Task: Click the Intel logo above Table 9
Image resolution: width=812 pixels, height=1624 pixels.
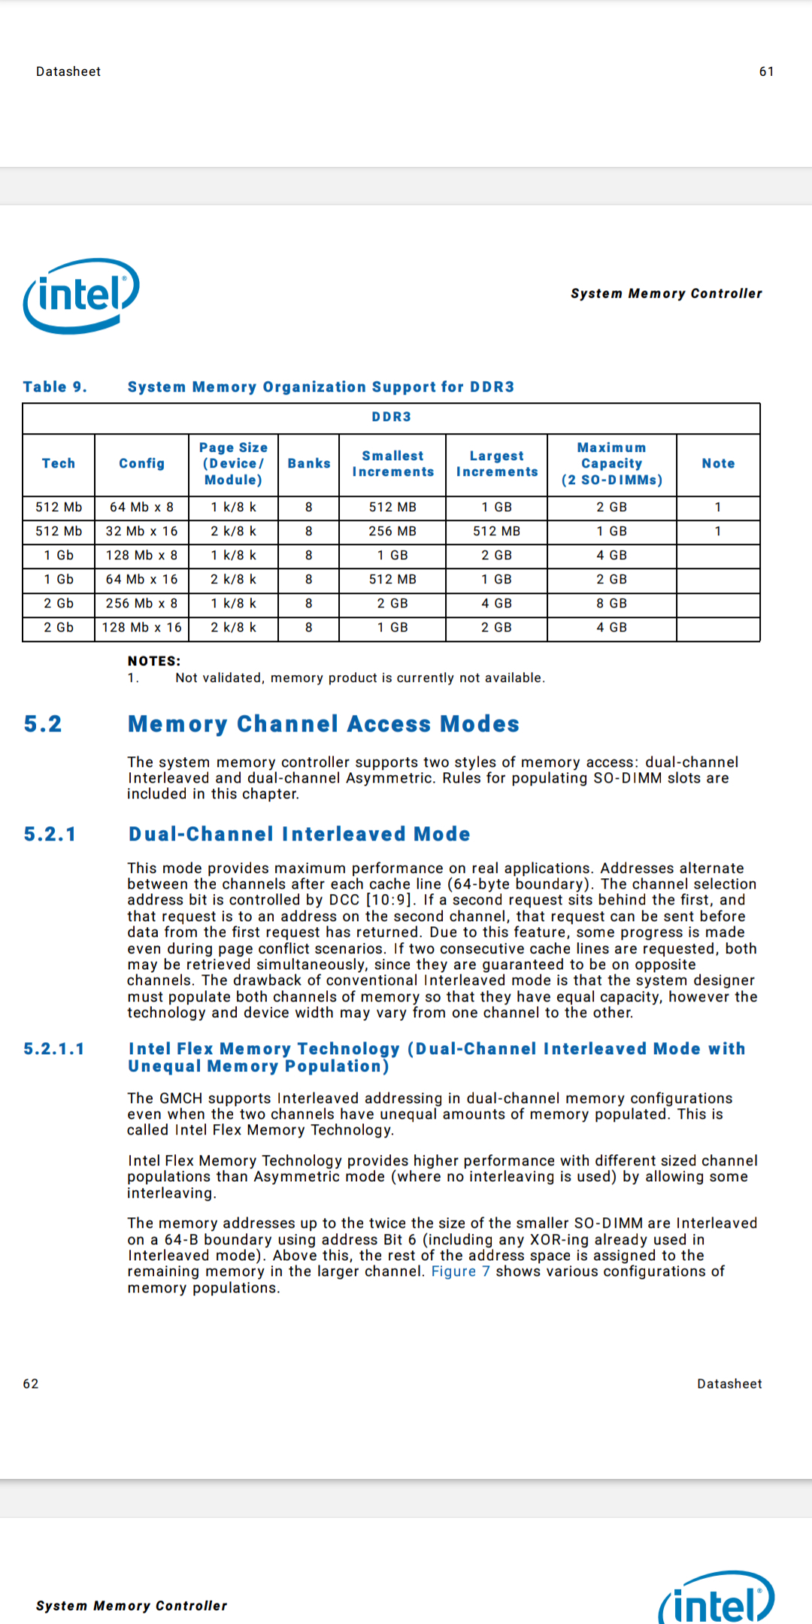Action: [81, 295]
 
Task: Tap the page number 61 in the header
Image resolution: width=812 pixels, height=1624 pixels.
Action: [766, 71]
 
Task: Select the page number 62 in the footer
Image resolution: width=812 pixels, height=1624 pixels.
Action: [31, 1383]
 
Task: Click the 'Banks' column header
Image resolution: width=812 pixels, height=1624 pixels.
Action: [308, 463]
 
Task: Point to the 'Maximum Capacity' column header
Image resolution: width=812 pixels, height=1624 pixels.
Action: [611, 463]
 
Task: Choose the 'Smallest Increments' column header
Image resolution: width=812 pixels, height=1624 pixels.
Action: [392, 463]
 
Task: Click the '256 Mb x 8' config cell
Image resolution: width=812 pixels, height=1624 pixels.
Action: [141, 603]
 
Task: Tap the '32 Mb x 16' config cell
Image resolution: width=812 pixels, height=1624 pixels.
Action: [141, 531]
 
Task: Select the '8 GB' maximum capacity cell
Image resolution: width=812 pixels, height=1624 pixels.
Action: [611, 603]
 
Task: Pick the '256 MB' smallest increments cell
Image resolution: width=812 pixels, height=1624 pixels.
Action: [392, 531]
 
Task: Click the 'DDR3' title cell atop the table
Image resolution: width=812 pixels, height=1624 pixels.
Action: [391, 417]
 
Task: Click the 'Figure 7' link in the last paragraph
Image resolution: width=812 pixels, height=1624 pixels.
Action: [460, 1271]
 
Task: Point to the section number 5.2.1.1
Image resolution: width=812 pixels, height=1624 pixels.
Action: [54, 1049]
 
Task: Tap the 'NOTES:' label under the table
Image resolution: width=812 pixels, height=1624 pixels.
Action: [154, 661]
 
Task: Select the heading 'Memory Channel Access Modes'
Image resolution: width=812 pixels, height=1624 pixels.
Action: [323, 723]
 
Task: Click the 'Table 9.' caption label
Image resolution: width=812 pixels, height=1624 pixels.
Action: [55, 386]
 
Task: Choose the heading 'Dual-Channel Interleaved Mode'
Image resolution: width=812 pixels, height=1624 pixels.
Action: [299, 834]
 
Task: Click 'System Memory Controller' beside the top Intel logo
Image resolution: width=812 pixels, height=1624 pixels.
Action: [666, 293]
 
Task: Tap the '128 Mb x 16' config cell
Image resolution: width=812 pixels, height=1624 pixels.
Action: [141, 627]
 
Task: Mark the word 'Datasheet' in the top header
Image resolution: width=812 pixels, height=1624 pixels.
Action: [68, 71]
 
